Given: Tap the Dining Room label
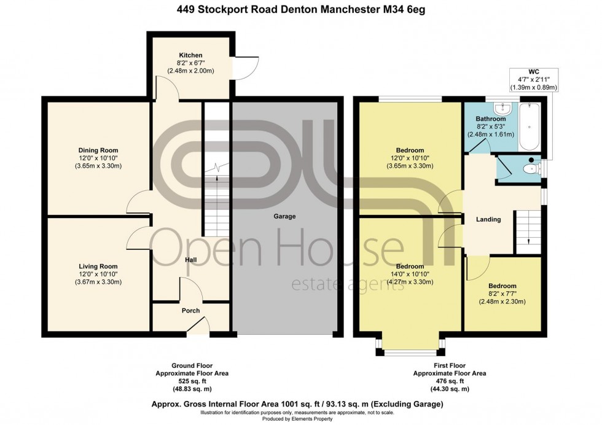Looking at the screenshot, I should click(x=98, y=150).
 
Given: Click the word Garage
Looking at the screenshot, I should click(x=285, y=217).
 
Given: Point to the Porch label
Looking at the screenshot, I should click(x=190, y=311).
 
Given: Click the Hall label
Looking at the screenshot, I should click(x=191, y=260).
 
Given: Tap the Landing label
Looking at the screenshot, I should click(x=488, y=219).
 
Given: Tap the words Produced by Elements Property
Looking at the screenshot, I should click(x=301, y=419).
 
